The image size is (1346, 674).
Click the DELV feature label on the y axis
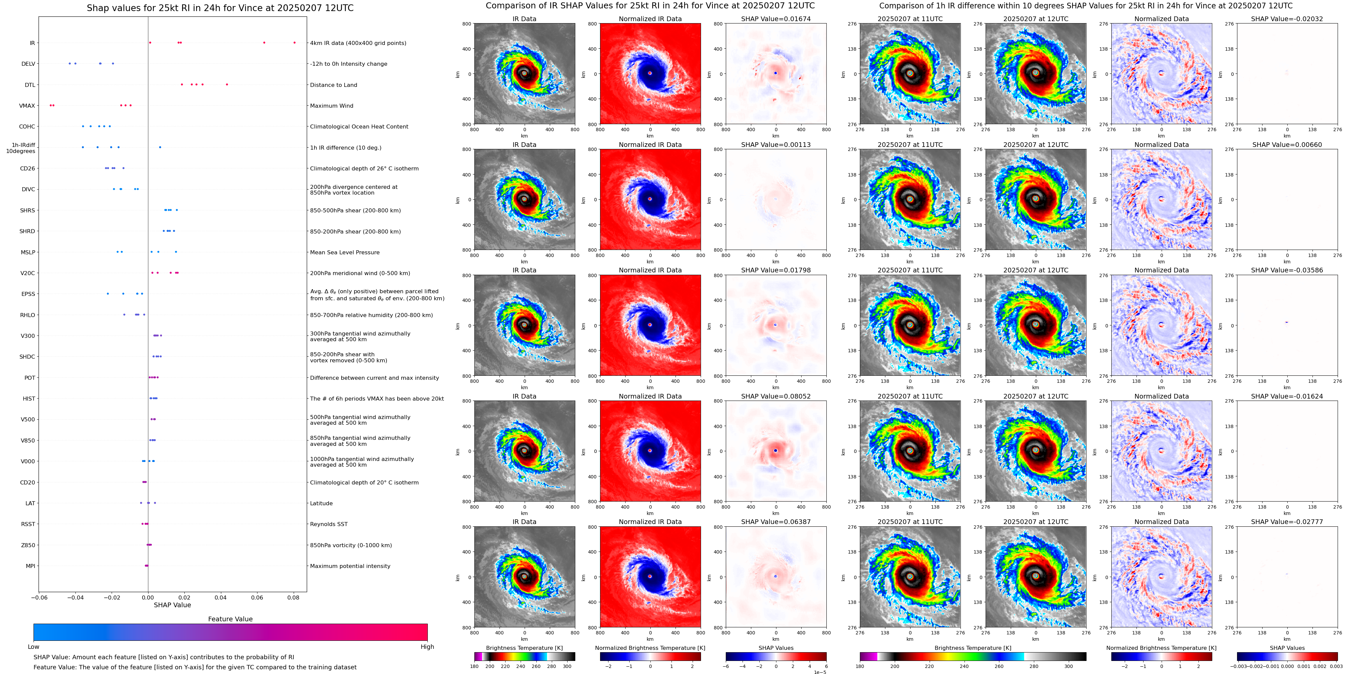click(28, 64)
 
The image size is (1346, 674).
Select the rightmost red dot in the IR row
click(294, 42)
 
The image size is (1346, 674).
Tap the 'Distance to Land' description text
click(333, 85)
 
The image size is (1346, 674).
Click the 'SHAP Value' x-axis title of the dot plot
click(172, 605)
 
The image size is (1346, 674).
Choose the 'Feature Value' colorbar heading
click(230, 619)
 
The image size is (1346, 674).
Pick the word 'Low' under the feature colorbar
click(34, 647)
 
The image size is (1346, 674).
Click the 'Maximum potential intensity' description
click(350, 566)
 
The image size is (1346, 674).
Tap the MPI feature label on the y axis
click(30, 566)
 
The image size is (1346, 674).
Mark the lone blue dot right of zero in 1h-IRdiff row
click(160, 147)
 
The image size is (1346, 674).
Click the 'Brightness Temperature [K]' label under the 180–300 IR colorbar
click(524, 648)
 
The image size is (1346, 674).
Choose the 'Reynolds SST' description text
click(328, 524)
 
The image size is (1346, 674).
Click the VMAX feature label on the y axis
click(27, 106)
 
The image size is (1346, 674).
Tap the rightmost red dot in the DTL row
click(227, 84)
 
